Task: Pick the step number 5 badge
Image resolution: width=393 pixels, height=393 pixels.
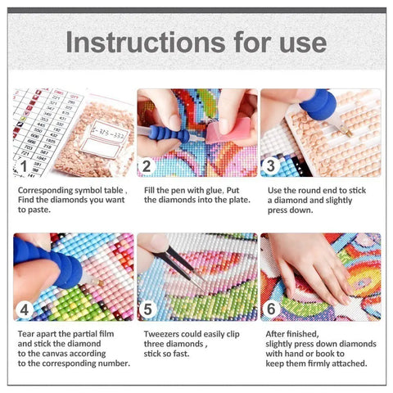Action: click(x=148, y=309)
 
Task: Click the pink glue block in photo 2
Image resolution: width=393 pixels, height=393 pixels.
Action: click(x=220, y=128)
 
